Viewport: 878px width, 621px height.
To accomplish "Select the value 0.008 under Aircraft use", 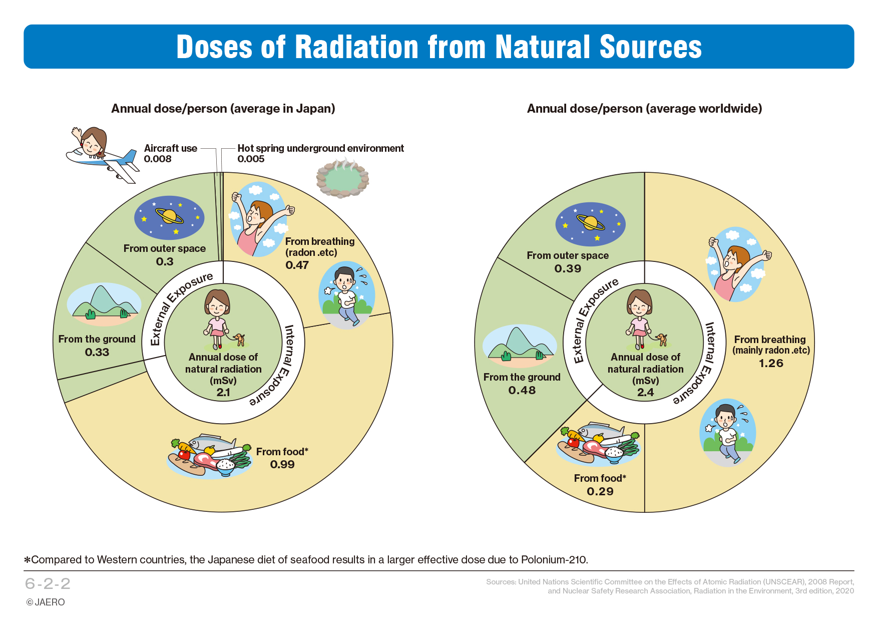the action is [158, 159].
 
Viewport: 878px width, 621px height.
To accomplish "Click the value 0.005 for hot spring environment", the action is [251, 159].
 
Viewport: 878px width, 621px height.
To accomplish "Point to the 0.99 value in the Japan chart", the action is [282, 464].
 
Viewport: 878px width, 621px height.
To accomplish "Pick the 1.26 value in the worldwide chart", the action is [771, 363].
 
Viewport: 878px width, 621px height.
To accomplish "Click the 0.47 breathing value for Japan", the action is [297, 265].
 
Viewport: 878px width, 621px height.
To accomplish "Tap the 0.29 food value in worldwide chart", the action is [600, 491].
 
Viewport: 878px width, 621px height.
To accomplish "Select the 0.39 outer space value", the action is [568, 268].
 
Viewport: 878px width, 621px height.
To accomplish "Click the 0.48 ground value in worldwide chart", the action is [522, 390].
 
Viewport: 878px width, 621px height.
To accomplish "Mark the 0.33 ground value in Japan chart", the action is [97, 352].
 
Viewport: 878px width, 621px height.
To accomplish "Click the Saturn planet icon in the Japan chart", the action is [169, 217].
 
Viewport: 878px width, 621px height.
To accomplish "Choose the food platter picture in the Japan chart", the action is [209, 456].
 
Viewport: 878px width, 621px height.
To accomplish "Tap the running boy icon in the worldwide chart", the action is [727, 433].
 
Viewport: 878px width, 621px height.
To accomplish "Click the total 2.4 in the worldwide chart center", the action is [645, 392].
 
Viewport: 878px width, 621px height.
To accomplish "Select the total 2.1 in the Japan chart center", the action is [223, 392].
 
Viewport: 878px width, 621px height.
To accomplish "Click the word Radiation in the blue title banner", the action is [357, 47].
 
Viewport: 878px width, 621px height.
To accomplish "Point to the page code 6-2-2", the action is [48, 583].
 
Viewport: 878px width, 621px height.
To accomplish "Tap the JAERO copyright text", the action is [46, 602].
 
